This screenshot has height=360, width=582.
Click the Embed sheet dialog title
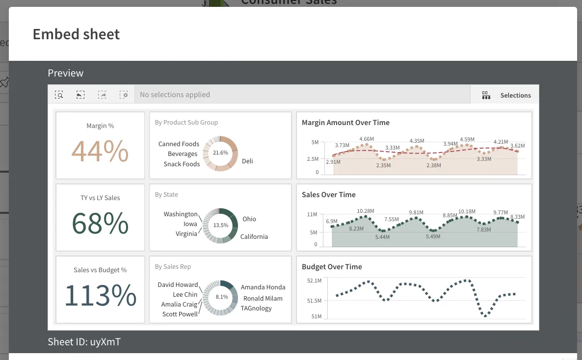[x=76, y=34]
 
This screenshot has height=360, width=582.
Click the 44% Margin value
[x=100, y=151]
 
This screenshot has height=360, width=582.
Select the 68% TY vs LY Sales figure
[x=100, y=224]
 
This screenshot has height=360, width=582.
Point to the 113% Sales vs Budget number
[x=100, y=295]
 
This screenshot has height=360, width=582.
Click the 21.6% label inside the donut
[x=220, y=153]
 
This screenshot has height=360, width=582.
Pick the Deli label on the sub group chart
[x=247, y=161]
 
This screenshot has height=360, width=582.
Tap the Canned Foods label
[x=179, y=144]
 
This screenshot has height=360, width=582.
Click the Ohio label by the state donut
[x=249, y=219]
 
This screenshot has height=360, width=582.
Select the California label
[x=254, y=236]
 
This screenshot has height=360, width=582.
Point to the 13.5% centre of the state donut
[x=220, y=225]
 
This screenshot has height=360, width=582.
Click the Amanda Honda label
[x=263, y=287]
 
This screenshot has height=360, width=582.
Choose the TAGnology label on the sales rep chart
[x=256, y=308]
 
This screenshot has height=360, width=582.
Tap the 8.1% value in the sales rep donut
[x=221, y=297]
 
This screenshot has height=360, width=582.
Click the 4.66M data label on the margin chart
[x=367, y=139]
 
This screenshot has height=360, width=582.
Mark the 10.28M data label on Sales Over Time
[x=366, y=211]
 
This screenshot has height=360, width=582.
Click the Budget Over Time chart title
[x=332, y=267]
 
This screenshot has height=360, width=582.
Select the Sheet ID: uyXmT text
[x=84, y=342]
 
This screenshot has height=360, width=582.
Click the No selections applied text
[x=175, y=95]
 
